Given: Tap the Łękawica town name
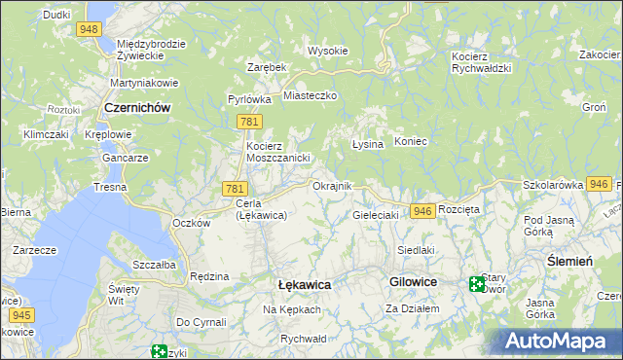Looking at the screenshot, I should click(x=304, y=284).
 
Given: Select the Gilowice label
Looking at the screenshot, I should click(x=413, y=281).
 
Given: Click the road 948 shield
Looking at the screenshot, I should click(x=90, y=29).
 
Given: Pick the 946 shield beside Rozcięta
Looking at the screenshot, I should click(x=421, y=211).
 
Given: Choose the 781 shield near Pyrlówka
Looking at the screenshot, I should click(x=246, y=121).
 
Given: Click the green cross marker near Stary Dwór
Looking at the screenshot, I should click(x=477, y=284).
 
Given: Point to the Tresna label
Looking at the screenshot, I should click(x=110, y=186).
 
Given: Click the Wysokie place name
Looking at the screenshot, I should click(x=327, y=51).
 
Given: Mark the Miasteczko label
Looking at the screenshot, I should click(x=310, y=96).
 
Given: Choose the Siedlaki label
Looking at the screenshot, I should click(x=415, y=250).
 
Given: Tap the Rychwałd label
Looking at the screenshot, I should click(x=302, y=339).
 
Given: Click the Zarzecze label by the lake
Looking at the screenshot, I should click(x=33, y=250).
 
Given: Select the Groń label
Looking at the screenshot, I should click(x=594, y=106).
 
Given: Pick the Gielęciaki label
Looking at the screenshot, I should click(x=376, y=215).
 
